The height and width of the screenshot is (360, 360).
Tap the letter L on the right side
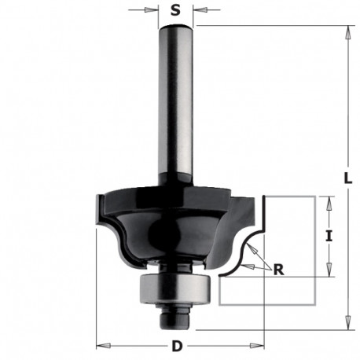coord(348,178)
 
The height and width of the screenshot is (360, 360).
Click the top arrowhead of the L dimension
coord(344,30)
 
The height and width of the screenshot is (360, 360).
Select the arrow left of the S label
coord(155,10)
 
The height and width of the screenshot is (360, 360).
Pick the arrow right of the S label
coord(196,10)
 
